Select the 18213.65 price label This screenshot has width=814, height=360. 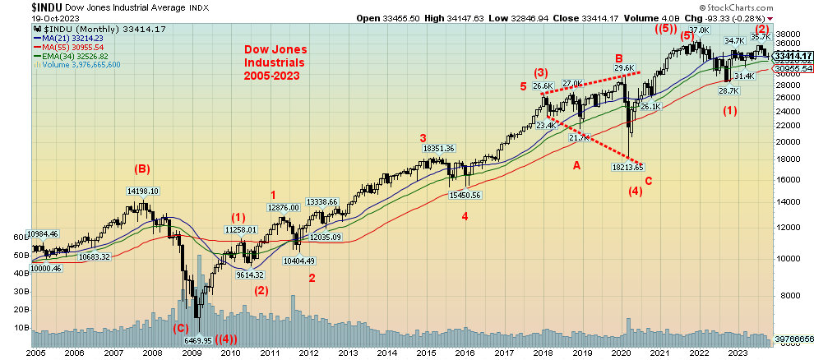click(x=627, y=168)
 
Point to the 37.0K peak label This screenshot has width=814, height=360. click(x=698, y=30)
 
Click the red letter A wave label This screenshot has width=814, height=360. click(x=576, y=164)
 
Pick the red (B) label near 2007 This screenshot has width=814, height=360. click(x=142, y=170)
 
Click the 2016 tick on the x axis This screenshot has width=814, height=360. click(x=465, y=352)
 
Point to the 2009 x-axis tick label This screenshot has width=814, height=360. click(x=192, y=352)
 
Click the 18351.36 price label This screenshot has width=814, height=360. click(x=439, y=148)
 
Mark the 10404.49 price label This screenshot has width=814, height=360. click(x=300, y=261)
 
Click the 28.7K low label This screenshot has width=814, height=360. click(x=729, y=90)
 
